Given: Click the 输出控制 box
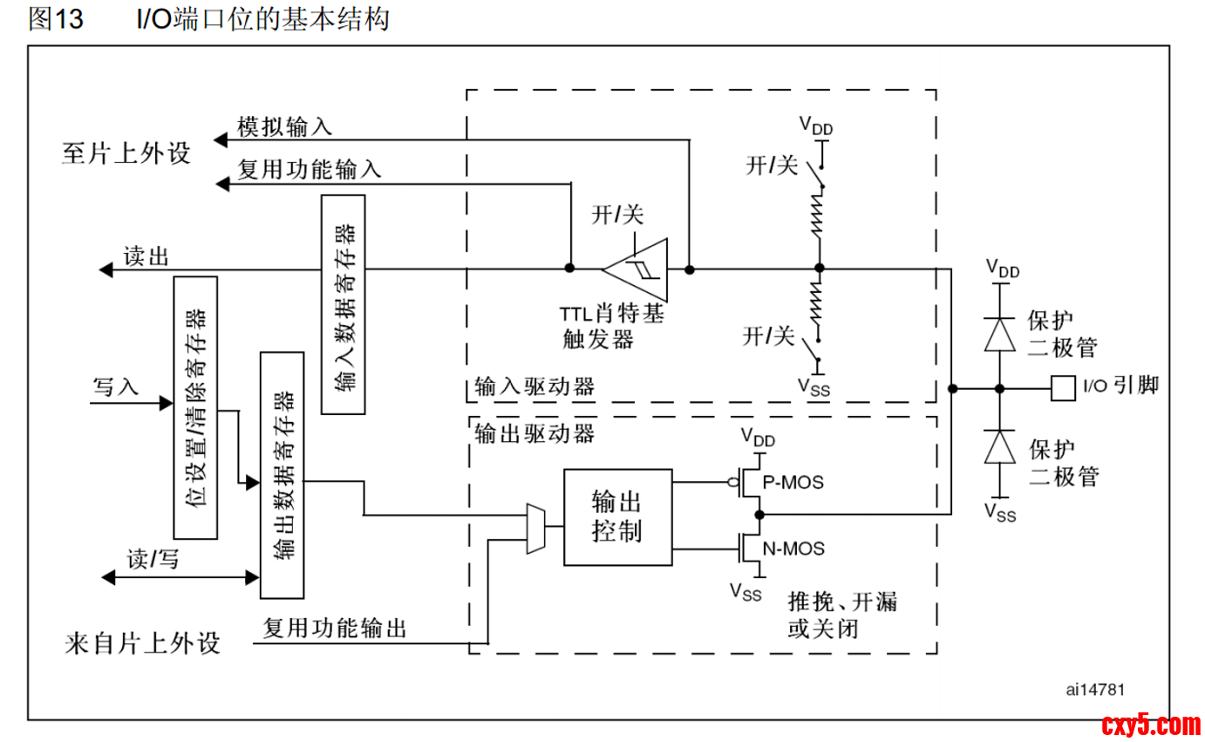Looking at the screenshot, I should (617, 516).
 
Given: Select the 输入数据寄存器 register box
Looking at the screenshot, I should (344, 304).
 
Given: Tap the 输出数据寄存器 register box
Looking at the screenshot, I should (283, 475).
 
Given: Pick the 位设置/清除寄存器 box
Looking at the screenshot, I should (196, 407).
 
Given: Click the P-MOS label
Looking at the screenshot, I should (793, 481).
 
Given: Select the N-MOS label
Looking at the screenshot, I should (793, 548).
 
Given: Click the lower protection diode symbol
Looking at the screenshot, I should (999, 447).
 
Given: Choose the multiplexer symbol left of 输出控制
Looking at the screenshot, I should (535, 528).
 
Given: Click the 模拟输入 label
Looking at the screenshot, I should (284, 127).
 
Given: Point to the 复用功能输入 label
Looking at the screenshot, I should (310, 169).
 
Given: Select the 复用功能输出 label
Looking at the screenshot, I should (335, 627).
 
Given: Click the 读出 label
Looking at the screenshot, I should (146, 256).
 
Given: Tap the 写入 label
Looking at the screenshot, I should (115, 387).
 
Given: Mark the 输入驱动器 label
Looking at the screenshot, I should (534, 386).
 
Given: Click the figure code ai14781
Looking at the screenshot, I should (1095, 689).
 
